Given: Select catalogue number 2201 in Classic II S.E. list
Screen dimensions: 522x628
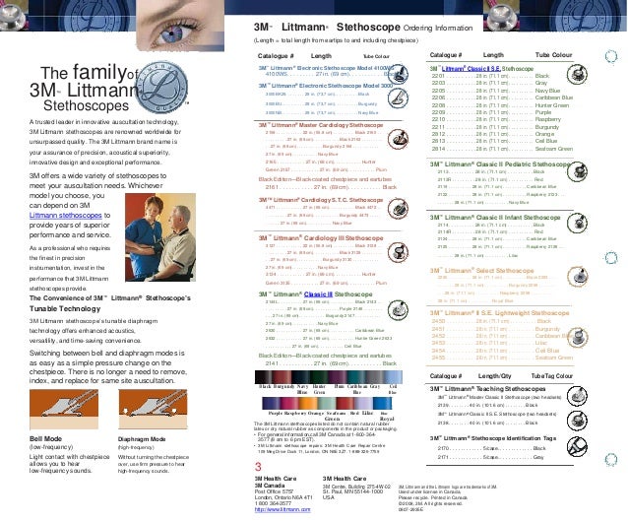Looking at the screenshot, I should [x=440, y=76].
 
